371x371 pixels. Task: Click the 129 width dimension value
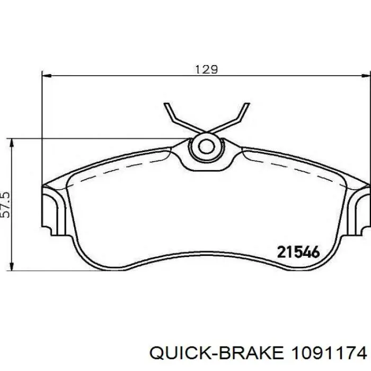tap(206, 69)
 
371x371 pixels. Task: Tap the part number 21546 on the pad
tap(298, 252)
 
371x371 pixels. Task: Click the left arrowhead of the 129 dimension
tap(47, 76)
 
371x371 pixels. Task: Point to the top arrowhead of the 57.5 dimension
tap(11, 143)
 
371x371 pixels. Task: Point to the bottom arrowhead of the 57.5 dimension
tap(11, 266)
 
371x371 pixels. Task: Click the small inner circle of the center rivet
tap(206, 147)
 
